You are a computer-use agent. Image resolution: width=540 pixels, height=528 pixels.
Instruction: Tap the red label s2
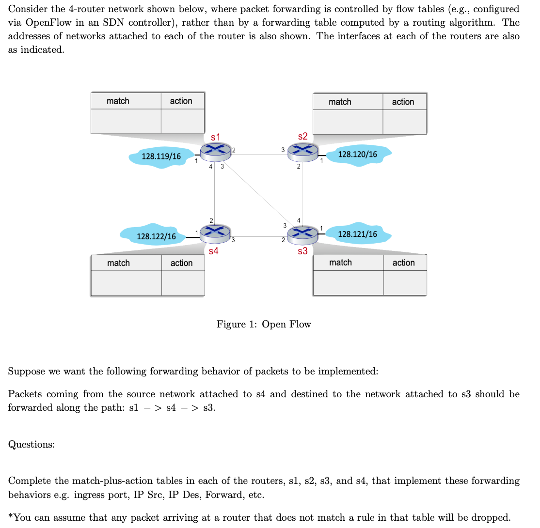point(302,137)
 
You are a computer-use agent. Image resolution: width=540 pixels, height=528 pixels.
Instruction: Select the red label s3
point(302,251)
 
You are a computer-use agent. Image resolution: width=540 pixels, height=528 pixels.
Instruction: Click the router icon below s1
point(215,152)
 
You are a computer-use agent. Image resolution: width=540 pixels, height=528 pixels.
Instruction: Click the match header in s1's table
point(118,101)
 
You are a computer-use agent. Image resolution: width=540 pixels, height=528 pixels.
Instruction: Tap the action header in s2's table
point(403,102)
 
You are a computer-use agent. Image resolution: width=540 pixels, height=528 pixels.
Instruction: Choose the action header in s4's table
point(181,263)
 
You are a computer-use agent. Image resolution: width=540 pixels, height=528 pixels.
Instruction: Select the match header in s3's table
point(340,263)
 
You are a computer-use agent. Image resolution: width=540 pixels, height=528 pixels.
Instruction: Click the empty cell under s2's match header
point(348,122)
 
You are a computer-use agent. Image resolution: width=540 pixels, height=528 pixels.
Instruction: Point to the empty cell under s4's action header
point(183,283)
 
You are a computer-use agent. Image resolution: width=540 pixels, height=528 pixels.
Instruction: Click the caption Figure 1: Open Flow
point(264,324)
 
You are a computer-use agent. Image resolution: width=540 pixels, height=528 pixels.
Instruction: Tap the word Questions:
point(31,444)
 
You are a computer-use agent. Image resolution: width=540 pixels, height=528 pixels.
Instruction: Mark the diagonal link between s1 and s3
point(257,191)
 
